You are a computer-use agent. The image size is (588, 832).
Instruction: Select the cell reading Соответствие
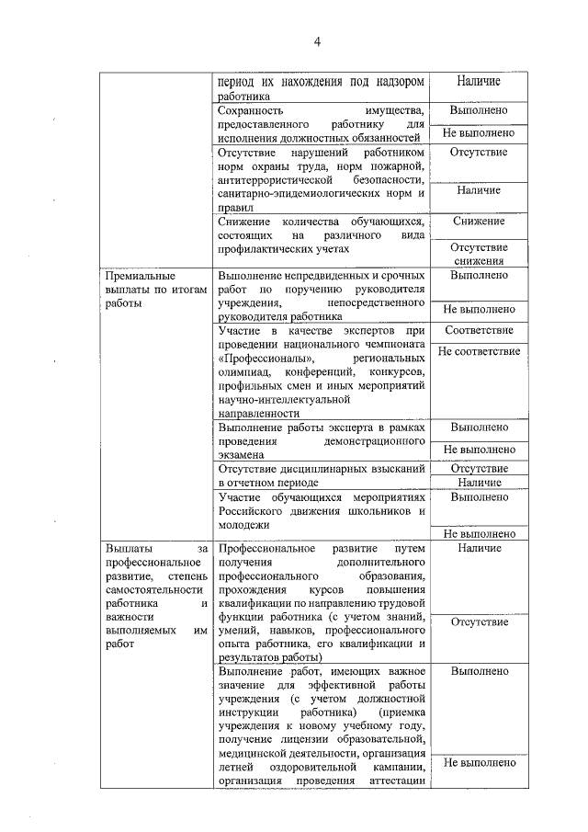[x=478, y=329]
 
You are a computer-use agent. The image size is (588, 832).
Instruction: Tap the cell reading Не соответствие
[x=478, y=351]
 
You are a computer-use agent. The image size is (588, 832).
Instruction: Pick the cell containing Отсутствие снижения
[x=478, y=254]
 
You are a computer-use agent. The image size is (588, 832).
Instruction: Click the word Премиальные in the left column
[x=139, y=275]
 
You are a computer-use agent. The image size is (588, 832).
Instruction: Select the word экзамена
[x=242, y=454]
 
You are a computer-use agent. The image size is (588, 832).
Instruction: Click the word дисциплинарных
[x=326, y=468]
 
